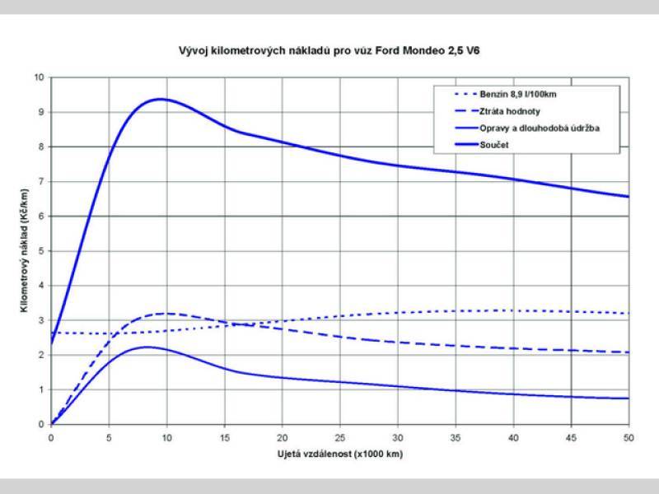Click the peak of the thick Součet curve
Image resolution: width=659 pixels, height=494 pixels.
160,99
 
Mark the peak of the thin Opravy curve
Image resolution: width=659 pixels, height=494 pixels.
147,347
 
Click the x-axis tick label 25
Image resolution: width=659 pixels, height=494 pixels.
339,438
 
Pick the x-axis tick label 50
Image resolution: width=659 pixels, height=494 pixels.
629,438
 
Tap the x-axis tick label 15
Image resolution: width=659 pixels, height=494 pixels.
224,438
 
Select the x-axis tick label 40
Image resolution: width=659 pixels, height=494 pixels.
513,438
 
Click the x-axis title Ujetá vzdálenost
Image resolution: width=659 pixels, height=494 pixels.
339,454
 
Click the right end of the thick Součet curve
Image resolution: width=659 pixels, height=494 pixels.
628,196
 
